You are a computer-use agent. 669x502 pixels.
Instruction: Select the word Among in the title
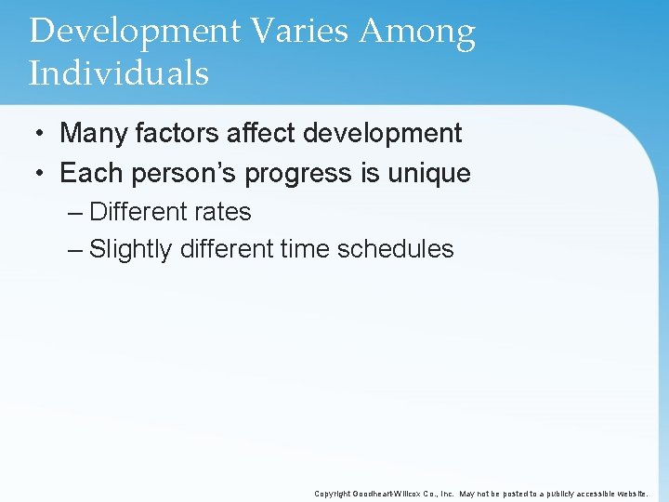coord(417,32)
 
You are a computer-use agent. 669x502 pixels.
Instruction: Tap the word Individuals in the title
coord(119,73)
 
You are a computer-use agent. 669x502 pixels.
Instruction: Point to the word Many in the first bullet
coord(94,133)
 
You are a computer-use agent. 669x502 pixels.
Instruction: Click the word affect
coord(257,133)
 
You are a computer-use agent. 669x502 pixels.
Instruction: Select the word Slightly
coord(131,249)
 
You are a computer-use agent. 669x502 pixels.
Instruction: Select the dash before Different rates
coord(75,212)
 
